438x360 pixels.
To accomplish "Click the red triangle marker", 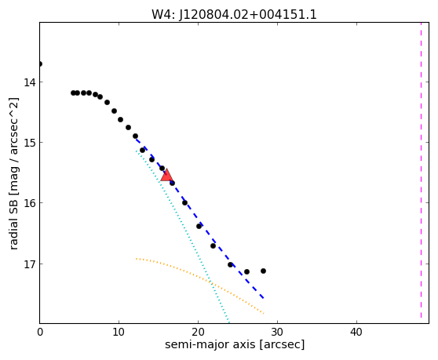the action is [x=166, y=175].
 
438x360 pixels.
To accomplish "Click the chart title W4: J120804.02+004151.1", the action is [x=234, y=14].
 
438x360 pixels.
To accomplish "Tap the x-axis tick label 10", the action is [x=119, y=332].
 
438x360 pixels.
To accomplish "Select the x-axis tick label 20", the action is [x=198, y=332].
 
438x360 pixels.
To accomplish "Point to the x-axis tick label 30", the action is [x=277, y=332].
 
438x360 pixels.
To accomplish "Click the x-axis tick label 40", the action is [x=356, y=332].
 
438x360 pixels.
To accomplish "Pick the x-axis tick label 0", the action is [x=40, y=332].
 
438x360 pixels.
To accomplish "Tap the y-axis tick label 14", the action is [x=29, y=82].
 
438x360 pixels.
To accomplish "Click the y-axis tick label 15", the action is [x=29, y=143].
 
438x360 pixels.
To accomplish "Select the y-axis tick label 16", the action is [x=29, y=203].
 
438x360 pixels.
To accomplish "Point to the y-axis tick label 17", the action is [x=29, y=264].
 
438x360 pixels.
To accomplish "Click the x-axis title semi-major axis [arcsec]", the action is [x=235, y=344].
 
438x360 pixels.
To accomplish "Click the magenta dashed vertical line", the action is [x=421, y=170].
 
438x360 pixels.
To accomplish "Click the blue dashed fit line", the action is [x=199, y=218].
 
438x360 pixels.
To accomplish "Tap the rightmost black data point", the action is [x=263, y=271].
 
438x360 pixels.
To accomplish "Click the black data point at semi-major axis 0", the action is [x=40, y=64].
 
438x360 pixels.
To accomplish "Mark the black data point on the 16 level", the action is [x=184, y=202].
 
